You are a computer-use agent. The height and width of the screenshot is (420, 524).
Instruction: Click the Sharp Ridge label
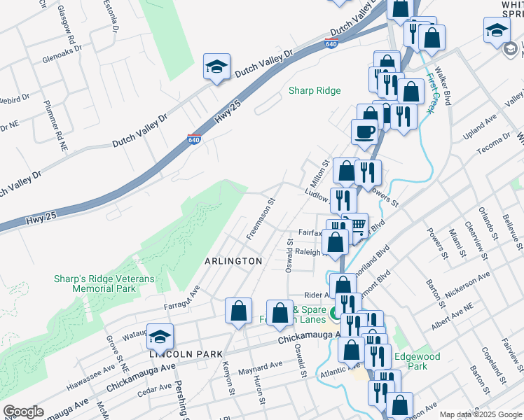coord(315,91)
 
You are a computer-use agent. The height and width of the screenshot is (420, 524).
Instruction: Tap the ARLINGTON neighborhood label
coord(233,261)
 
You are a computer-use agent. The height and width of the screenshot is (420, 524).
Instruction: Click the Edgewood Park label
coord(417,361)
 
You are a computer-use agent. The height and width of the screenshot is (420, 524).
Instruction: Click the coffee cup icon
coord(364,132)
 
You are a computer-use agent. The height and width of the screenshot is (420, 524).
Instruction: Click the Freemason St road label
coord(261,217)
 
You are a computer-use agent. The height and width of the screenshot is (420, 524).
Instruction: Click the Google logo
coord(23,412)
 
